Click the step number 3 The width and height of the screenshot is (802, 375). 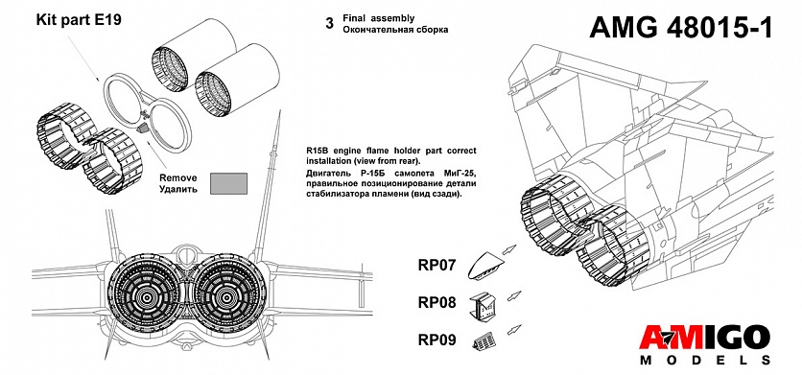pyautogui.click(x=329, y=24)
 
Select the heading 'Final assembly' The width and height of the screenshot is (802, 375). pyautogui.click(x=379, y=18)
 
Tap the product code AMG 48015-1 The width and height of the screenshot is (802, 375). pyautogui.click(x=681, y=27)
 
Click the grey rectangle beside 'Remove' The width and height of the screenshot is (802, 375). pyautogui.click(x=228, y=183)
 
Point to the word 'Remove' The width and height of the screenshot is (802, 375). pyautogui.click(x=178, y=178)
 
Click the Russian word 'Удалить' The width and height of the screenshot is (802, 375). pyautogui.click(x=178, y=189)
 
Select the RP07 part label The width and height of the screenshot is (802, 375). pyautogui.click(x=436, y=265)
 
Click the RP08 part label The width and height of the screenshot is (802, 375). pyautogui.click(x=436, y=302)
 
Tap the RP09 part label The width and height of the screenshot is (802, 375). pyautogui.click(x=436, y=340)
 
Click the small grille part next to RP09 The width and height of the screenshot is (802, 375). pyautogui.click(x=484, y=341)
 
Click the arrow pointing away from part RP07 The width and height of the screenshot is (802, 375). pyautogui.click(x=508, y=249)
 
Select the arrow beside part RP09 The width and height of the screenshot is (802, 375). pyautogui.click(x=514, y=329)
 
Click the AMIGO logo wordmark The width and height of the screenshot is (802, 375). pyautogui.click(x=705, y=338)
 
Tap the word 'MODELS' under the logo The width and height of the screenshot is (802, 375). pyautogui.click(x=705, y=361)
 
